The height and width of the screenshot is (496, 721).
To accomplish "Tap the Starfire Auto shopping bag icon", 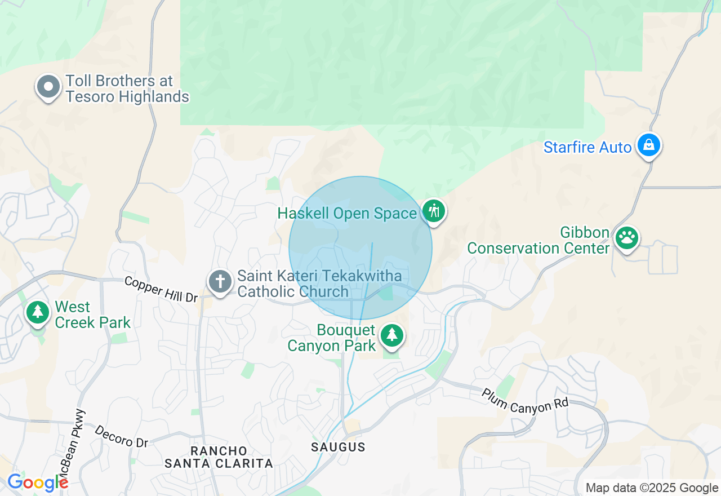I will coord(649,145).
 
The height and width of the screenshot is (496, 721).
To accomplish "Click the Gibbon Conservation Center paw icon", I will coord(627,238).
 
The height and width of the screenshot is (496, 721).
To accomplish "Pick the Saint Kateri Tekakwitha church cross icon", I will coord(220,280).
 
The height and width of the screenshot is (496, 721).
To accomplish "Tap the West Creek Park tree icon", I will coord(38,312).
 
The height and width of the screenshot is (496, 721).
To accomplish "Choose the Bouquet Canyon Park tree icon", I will coord(392,335).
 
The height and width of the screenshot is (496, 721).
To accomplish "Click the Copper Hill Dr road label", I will coord(161,289).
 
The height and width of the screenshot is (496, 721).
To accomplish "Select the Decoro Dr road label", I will coord(121,436).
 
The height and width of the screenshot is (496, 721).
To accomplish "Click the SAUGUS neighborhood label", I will coord(339,447).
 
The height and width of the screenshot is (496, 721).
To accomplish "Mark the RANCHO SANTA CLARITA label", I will coord(219,457).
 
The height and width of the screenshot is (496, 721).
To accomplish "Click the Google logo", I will coord(37,483).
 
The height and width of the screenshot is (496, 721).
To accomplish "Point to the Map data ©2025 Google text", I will coord(652,488).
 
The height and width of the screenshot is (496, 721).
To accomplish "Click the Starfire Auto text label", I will coord(588,148).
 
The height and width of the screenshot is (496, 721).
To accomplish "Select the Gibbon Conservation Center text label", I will coord(538,241).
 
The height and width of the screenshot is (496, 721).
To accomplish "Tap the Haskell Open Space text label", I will coord(348,214).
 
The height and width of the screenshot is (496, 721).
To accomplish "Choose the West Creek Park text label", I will coord(92,315).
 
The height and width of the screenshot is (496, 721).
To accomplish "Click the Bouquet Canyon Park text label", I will coord(332,338).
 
